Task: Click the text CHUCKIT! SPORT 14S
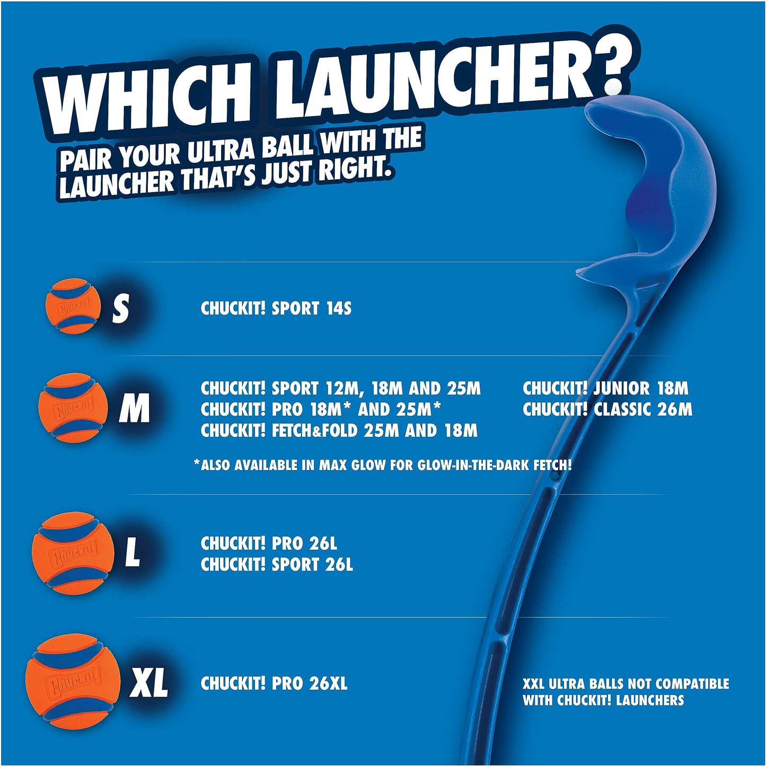(276, 309)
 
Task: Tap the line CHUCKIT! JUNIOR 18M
(605, 389)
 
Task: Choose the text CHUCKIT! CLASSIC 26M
(607, 410)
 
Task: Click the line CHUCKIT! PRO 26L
(269, 543)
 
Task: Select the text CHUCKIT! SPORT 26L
(277, 565)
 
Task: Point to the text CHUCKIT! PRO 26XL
(274, 683)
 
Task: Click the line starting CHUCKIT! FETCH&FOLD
(339, 430)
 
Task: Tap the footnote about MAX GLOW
(383, 465)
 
